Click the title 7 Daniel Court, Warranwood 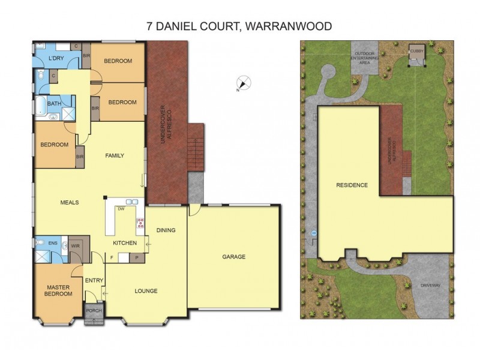pos(239,26)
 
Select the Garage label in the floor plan pos(234,257)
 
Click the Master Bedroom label pos(59,291)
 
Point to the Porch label pos(93,311)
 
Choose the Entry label pos(94,280)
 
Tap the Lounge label pos(146,291)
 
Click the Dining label pos(166,230)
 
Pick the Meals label pos(70,202)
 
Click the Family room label pos(114,156)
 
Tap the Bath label pos(54,104)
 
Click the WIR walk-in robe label pos(76,245)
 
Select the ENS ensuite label pos(53,243)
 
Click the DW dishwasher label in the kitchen pos(121,209)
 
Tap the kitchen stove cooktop pos(141,224)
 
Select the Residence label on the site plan pos(352,185)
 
